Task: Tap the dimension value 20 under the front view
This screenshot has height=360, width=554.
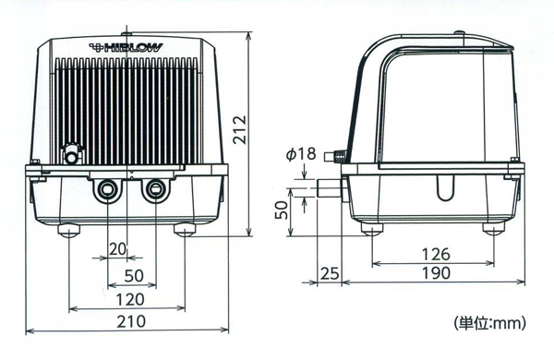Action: pyautogui.click(x=117, y=250)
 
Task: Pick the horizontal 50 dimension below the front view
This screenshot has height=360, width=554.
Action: pyautogui.click(x=134, y=275)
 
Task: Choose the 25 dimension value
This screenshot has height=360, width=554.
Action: pyautogui.click(x=329, y=275)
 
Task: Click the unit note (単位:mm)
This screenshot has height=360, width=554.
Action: pyautogui.click(x=489, y=323)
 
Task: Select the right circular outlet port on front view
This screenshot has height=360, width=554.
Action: pyautogui.click(x=154, y=191)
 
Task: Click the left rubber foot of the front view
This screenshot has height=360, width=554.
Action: pyautogui.click(x=69, y=229)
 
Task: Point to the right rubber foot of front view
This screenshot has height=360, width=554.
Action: pyautogui.click(x=185, y=229)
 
